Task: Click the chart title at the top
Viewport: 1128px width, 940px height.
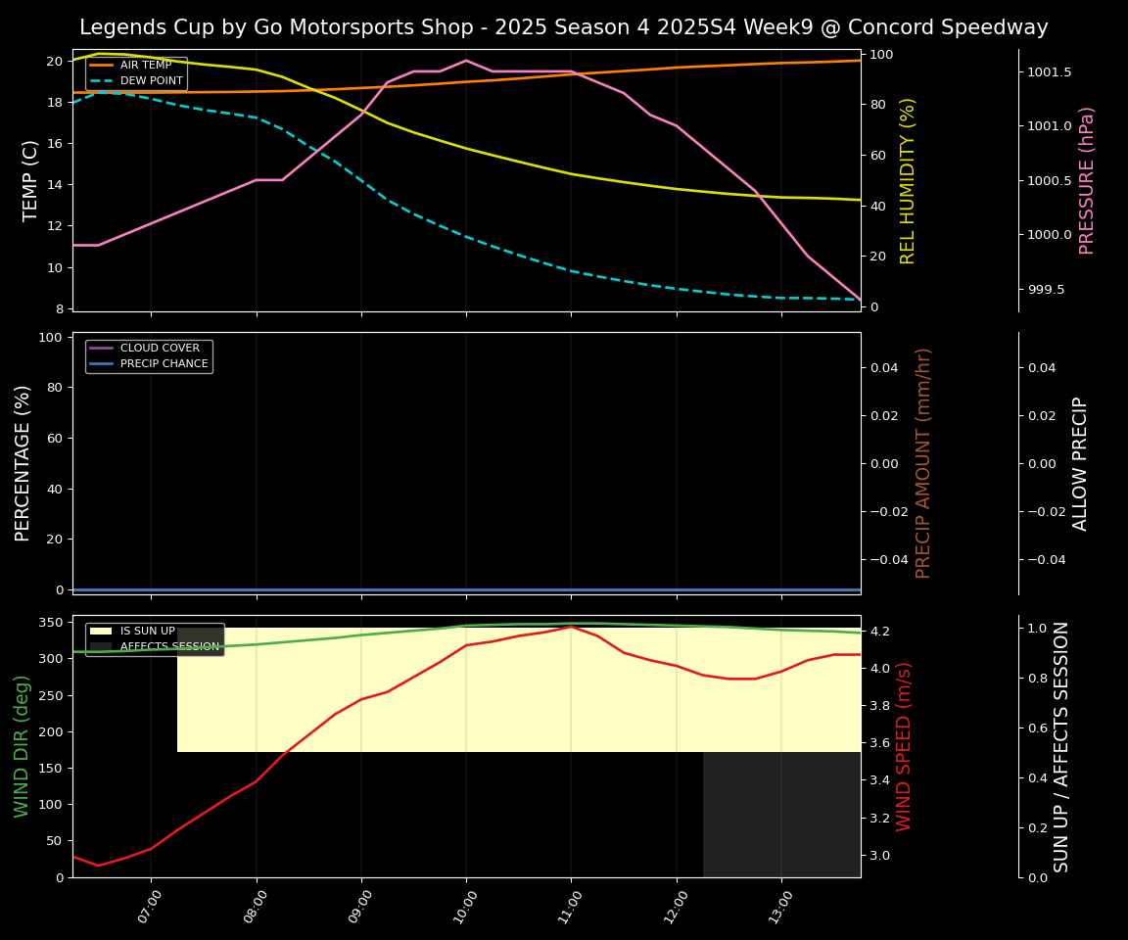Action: tap(563, 27)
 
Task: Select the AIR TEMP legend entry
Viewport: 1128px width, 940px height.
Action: tap(145, 66)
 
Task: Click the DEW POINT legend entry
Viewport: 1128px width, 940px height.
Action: tap(151, 80)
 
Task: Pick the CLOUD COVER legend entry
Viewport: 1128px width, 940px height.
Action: tap(160, 349)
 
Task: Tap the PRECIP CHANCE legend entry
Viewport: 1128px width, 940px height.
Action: tap(164, 364)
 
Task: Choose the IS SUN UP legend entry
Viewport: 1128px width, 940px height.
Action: tap(147, 632)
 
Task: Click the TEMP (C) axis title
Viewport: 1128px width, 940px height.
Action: tap(30, 180)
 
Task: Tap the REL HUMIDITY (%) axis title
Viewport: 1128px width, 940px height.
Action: tap(908, 180)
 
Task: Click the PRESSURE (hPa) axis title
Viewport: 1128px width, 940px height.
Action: tap(1087, 180)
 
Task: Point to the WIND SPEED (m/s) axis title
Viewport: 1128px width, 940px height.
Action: tap(904, 746)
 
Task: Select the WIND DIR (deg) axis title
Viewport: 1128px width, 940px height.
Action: tap(22, 746)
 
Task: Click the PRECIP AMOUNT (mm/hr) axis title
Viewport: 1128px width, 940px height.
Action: tap(923, 462)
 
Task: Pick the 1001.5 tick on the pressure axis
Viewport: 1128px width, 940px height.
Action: tap(1050, 72)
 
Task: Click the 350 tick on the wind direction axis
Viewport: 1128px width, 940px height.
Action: tap(53, 622)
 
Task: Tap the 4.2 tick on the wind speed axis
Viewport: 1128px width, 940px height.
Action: tap(878, 631)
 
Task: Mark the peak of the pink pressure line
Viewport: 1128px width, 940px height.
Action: tap(466, 61)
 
